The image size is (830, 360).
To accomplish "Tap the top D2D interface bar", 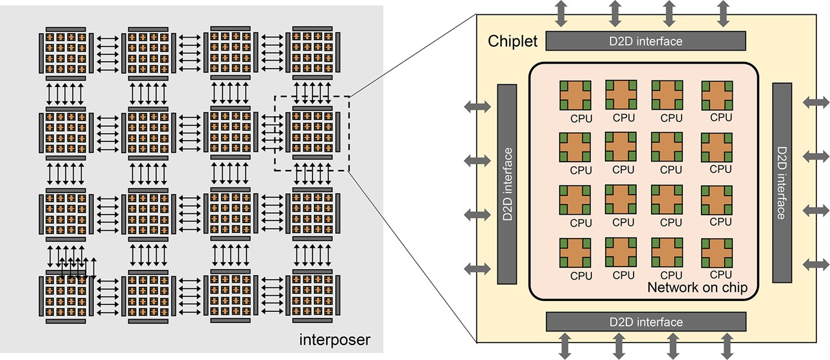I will pos(646,41).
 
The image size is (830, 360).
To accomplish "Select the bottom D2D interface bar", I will pos(646,321).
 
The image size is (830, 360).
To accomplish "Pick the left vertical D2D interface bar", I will pos(507,184).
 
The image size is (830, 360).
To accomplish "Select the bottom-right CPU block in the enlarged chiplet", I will pos(717,253).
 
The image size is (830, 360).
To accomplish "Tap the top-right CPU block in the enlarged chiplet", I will pos(717,95).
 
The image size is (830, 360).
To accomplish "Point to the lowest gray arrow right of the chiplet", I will pos(816,264).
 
